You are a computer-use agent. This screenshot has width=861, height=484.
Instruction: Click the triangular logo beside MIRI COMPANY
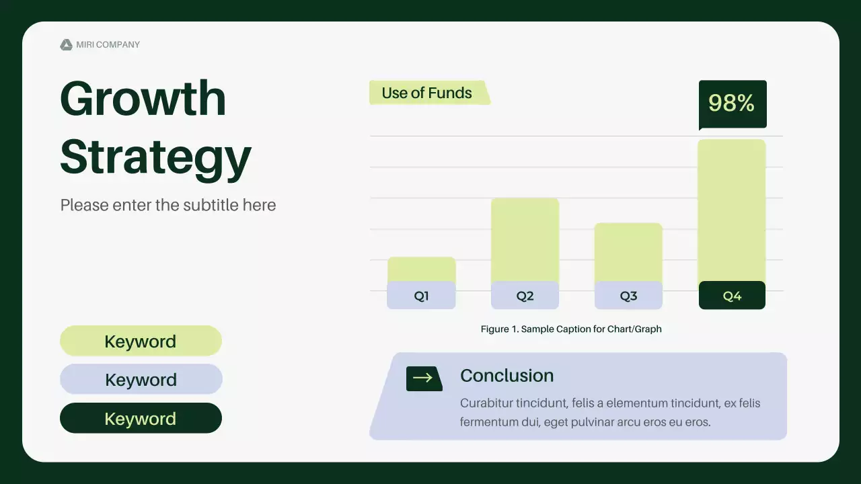(66, 44)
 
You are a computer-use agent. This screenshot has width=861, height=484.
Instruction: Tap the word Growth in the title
(143, 98)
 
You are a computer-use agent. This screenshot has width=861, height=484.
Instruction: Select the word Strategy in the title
(155, 158)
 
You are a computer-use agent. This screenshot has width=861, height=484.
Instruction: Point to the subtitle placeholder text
(168, 205)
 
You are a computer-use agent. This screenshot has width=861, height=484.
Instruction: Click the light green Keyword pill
(141, 341)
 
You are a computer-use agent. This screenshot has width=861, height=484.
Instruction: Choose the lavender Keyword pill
(141, 379)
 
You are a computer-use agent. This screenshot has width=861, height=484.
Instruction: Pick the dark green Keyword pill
(141, 418)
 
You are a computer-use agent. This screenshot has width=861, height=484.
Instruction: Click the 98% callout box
(733, 104)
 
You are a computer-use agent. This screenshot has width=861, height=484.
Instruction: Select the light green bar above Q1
(421, 270)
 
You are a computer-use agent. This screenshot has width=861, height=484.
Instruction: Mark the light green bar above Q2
(525, 240)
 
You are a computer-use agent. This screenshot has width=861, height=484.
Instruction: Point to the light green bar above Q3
(628, 252)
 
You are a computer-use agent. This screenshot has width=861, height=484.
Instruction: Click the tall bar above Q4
(731, 211)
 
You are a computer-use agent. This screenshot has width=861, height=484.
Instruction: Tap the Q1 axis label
(421, 295)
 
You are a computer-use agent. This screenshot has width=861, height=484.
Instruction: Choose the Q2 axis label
(525, 295)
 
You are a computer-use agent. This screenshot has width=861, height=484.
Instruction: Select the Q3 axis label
(628, 295)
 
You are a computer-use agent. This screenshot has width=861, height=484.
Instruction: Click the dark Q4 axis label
(732, 295)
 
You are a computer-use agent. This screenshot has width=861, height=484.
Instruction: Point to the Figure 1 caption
(571, 329)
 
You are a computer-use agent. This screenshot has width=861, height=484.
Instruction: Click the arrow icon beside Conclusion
(424, 378)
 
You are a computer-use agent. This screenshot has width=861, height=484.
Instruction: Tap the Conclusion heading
(507, 376)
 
